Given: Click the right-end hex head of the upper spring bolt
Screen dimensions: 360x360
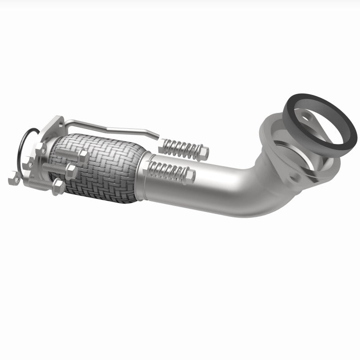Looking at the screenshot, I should pyautogui.click(x=203, y=153).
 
